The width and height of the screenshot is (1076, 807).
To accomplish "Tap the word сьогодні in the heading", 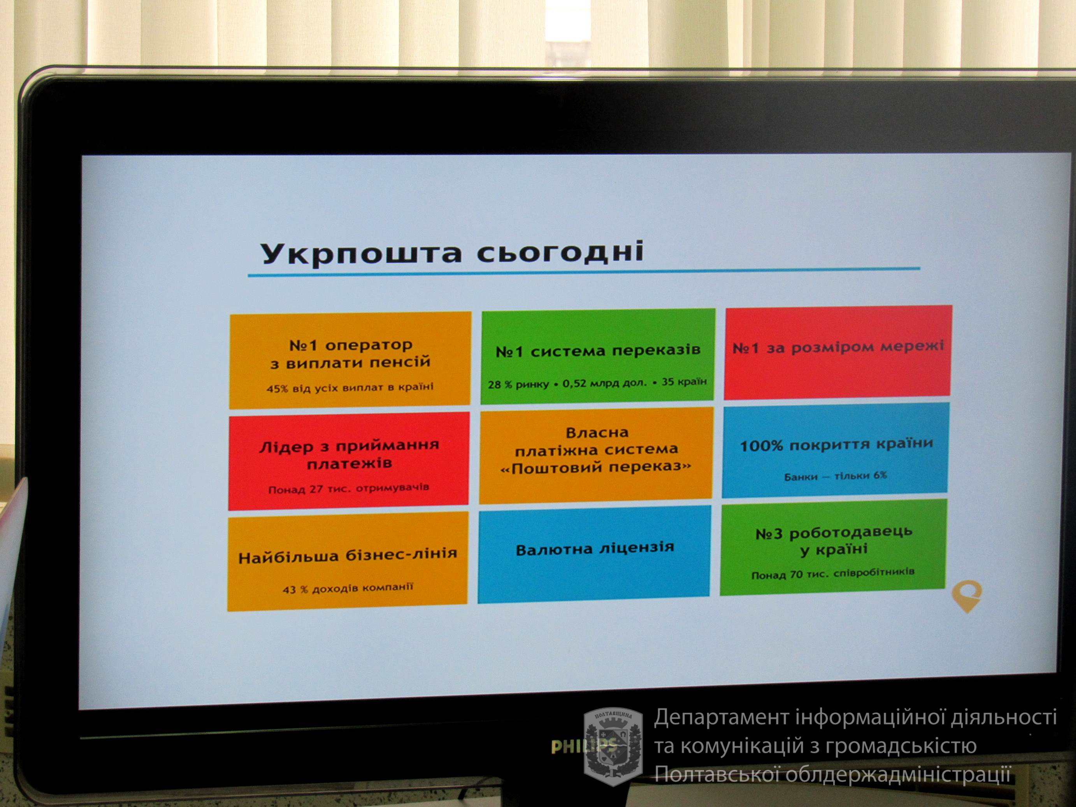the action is coord(560,251).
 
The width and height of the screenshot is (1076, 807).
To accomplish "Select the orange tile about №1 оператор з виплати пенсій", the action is coord(350,360).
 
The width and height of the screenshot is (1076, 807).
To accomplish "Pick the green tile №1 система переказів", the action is coord(598,356).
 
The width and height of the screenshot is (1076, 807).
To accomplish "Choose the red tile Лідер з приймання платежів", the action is coord(349,461).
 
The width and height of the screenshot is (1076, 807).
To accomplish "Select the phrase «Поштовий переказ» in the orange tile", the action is coord(596,467).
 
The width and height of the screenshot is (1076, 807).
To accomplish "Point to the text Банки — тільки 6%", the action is coord(835,476).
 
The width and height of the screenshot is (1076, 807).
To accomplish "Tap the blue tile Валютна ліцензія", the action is coord(595,554).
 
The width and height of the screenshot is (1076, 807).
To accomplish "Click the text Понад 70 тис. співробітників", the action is coord(833,574).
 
